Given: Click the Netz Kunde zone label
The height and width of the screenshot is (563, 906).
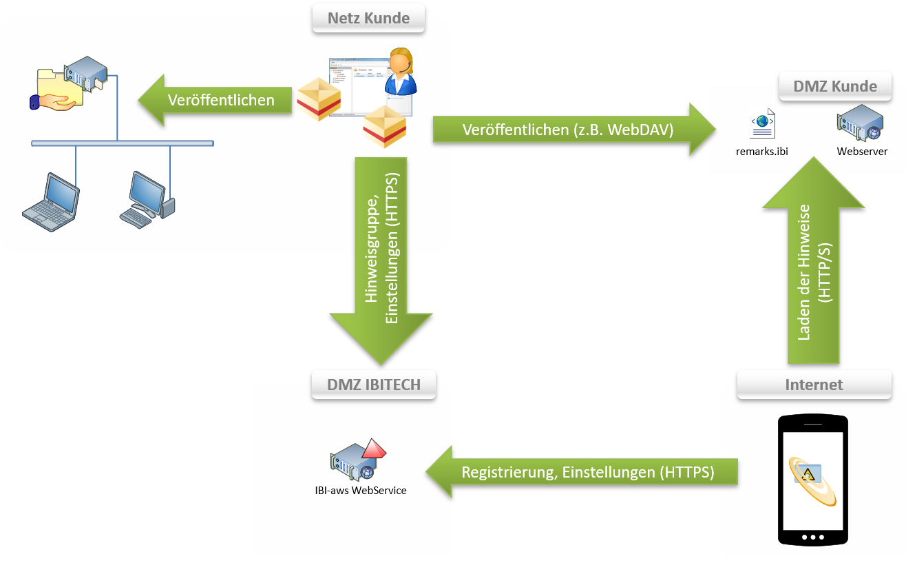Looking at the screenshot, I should [x=368, y=18].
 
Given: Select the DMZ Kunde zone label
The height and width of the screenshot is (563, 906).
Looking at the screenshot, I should [x=835, y=86].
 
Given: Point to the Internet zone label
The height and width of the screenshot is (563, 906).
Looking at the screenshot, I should [x=814, y=384].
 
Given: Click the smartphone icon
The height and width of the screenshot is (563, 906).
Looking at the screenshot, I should [x=812, y=478].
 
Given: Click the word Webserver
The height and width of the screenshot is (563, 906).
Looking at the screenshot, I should [x=862, y=151].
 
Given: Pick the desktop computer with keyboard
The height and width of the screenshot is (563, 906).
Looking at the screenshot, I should [x=147, y=199].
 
